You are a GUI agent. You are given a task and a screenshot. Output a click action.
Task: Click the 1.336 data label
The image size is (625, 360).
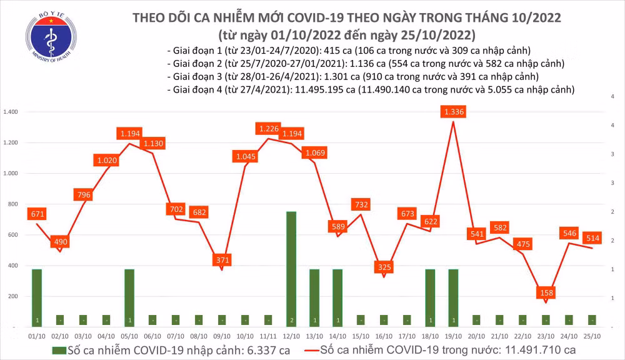[452, 112]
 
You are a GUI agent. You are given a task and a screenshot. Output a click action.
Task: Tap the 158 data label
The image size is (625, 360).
[546, 292]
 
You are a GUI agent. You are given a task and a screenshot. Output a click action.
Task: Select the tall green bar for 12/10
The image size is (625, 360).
[291, 269]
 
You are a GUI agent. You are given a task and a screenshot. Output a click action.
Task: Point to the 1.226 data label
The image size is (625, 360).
[269, 129]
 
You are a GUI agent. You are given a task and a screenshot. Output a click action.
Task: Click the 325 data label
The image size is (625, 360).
[384, 267]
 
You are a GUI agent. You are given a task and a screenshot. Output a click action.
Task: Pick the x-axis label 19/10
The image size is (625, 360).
[453, 335]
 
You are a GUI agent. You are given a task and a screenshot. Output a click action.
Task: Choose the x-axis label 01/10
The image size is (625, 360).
[37, 335]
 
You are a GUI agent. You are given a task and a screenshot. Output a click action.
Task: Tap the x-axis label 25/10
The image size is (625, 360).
[592, 335]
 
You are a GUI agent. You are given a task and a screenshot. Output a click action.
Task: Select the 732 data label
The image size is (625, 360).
[361, 204]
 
